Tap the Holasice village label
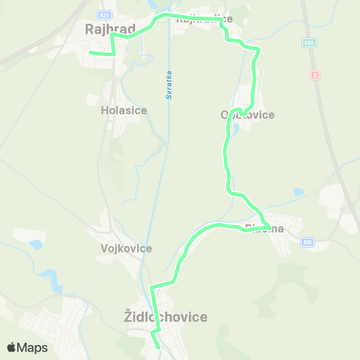click(x=124, y=109)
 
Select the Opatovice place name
click(x=247, y=115)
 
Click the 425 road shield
click(x=105, y=14)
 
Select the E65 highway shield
click(x=309, y=43)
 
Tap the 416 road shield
click(x=307, y=242)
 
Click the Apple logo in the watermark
click(x=12, y=347)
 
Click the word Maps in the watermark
click(x=33, y=347)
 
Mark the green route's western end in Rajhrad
click(x=90, y=52)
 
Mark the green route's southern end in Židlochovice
click(x=158, y=347)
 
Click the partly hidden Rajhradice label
click(x=203, y=19)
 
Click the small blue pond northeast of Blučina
click(x=298, y=192)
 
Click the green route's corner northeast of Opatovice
click(x=259, y=49)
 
